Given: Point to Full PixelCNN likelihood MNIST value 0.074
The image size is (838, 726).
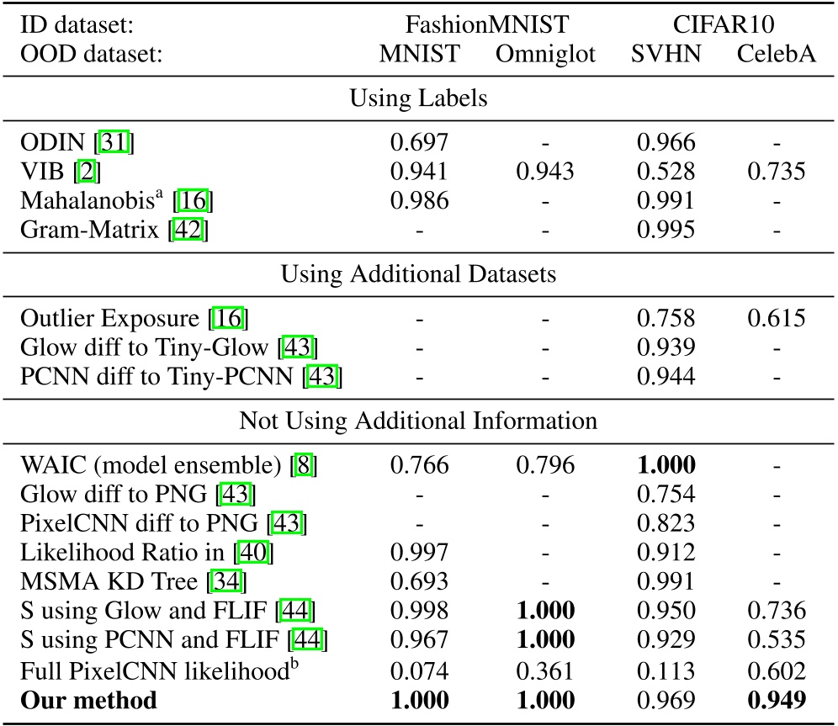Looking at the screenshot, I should click(418, 671).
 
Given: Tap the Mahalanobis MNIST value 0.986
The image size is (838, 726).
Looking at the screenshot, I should click(418, 200).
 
